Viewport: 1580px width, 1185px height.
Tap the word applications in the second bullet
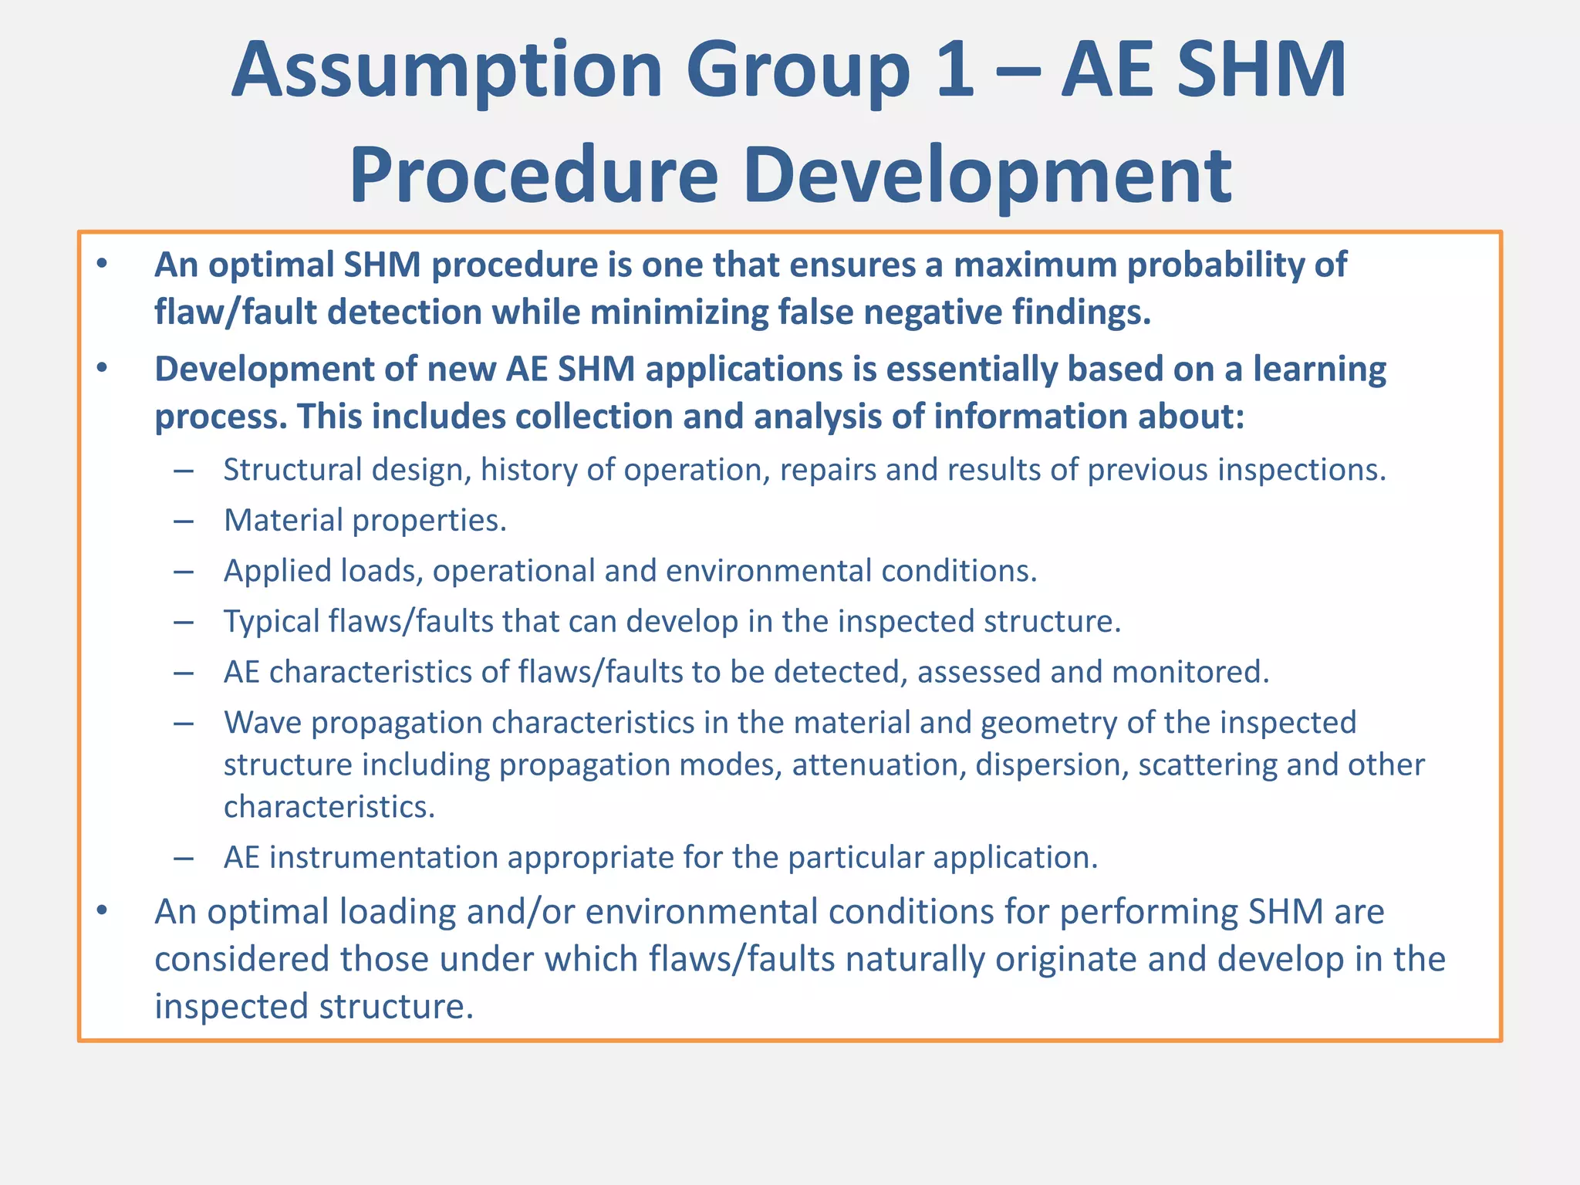click(x=744, y=369)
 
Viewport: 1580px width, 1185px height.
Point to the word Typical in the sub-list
click(x=272, y=621)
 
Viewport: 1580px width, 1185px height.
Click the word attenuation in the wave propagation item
click(x=879, y=765)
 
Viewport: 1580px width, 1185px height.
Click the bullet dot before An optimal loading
click(x=102, y=911)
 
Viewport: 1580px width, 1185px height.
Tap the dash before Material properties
click(x=184, y=522)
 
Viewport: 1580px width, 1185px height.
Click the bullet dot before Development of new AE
click(x=102, y=369)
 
